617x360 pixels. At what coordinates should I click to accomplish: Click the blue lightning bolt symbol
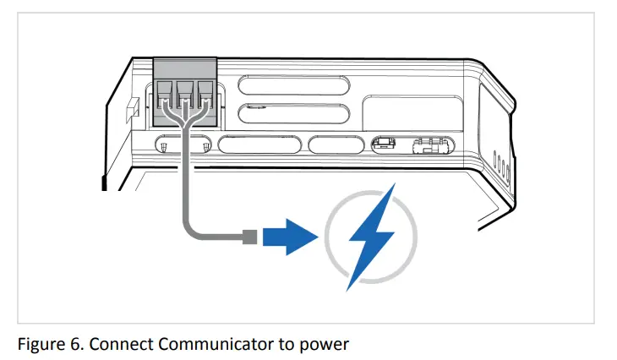369,239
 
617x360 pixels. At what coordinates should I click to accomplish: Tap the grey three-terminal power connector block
184,92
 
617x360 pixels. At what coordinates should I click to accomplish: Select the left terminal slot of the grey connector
164,92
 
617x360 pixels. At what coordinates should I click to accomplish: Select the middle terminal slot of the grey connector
184,92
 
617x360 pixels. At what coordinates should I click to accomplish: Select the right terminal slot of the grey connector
205,92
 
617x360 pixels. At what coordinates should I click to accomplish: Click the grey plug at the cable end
249,237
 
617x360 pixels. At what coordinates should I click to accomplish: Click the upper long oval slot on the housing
293,85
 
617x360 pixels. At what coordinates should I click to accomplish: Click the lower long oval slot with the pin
293,114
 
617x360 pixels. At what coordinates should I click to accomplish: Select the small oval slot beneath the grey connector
184,145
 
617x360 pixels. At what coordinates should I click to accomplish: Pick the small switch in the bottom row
384,145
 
